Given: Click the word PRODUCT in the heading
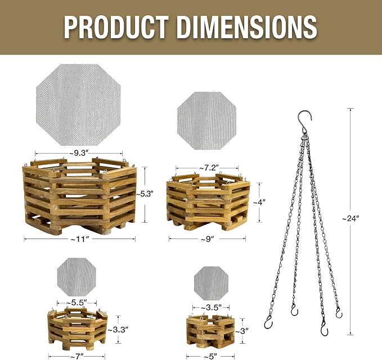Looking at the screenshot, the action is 116,27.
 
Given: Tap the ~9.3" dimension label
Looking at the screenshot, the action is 78,153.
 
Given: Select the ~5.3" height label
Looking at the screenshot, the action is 145,194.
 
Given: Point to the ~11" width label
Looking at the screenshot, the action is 79,239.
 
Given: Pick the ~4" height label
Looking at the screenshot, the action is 259,202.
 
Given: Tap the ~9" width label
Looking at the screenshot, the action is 208,239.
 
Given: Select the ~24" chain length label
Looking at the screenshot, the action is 350,218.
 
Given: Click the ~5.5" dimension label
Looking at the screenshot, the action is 77,303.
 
